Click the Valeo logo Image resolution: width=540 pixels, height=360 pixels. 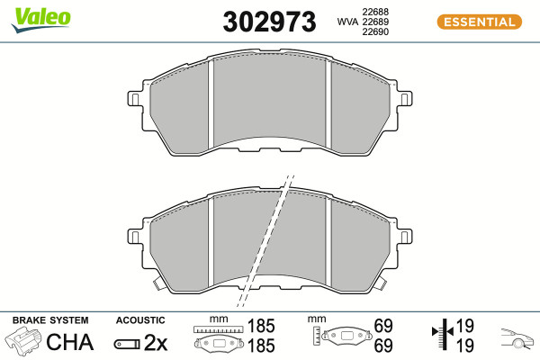pyautogui.click(x=41, y=20)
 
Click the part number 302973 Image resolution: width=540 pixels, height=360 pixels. pyautogui.click(x=269, y=22)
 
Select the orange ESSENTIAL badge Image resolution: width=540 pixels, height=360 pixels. pyautogui.click(x=480, y=22)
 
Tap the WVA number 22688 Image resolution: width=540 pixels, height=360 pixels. pyautogui.click(x=375, y=12)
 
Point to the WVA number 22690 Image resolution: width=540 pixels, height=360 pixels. pyautogui.click(x=375, y=31)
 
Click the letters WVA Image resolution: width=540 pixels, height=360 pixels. pyautogui.click(x=347, y=22)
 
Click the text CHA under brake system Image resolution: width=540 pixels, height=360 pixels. pyautogui.click(x=69, y=342)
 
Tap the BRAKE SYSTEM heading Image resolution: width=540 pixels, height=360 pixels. pyautogui.click(x=50, y=320)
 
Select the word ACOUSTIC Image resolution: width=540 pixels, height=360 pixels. pyautogui.click(x=140, y=320)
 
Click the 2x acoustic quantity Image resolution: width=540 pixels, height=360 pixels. pyautogui.click(x=156, y=343)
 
